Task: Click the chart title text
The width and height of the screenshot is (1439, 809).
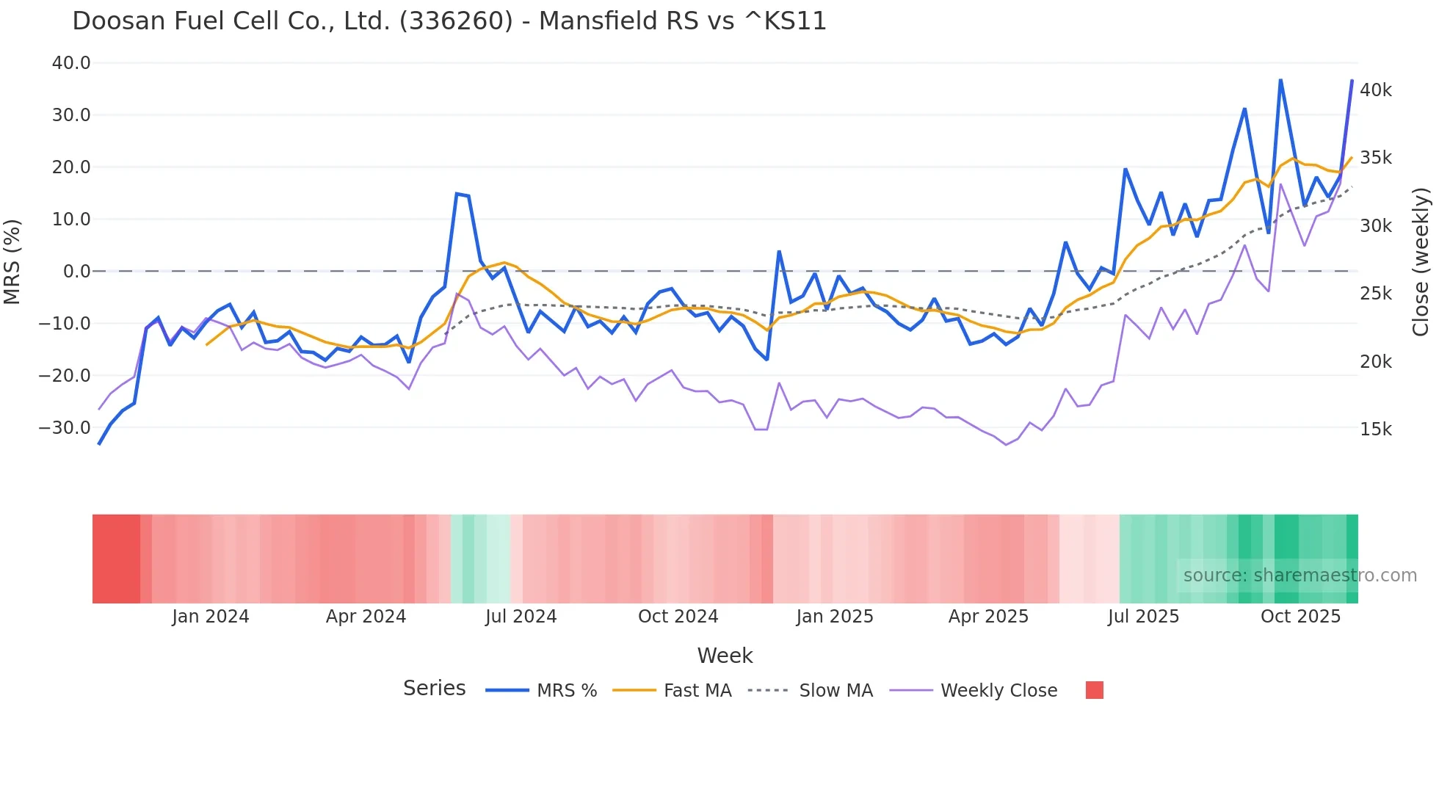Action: coord(449,21)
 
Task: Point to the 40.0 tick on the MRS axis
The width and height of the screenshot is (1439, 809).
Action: coord(71,63)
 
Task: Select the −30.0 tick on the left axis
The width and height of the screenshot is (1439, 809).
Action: coord(65,427)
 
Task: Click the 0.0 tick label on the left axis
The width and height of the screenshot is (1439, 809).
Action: coord(76,272)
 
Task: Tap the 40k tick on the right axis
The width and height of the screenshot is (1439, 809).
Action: coord(1375,90)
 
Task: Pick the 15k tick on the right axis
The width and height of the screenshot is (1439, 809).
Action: coord(1375,429)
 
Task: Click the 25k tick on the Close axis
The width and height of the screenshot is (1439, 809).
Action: coord(1375,294)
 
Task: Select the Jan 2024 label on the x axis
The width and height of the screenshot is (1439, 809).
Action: coord(211,617)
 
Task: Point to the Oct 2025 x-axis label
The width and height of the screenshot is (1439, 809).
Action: coord(1300,617)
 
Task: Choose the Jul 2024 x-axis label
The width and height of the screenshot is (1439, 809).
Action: coord(521,617)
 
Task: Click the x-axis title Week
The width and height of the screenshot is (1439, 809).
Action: coord(725,656)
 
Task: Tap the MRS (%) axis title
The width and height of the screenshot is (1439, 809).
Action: coord(12,262)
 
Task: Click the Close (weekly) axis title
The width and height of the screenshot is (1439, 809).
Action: coord(1421,262)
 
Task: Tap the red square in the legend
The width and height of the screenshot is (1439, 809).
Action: coord(1094,690)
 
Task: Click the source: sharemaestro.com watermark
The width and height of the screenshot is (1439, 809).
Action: coord(1300,576)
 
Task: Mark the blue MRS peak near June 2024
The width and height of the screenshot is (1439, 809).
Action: coord(457,194)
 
